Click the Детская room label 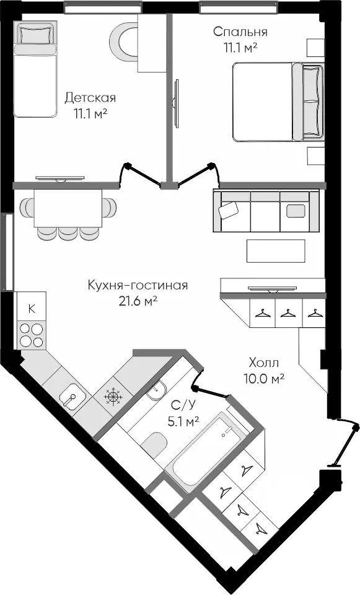[90, 97]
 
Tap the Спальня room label [240, 32]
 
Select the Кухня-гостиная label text [138, 284]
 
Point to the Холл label [264, 363]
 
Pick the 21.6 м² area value [138, 301]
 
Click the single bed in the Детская [35, 69]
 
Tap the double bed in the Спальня [278, 102]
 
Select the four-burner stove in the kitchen [31, 335]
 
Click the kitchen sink [72, 396]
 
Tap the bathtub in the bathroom [206, 451]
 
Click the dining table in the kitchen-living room [68, 208]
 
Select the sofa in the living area [266, 211]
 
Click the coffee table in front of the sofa [276, 251]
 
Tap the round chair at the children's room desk [124, 41]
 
